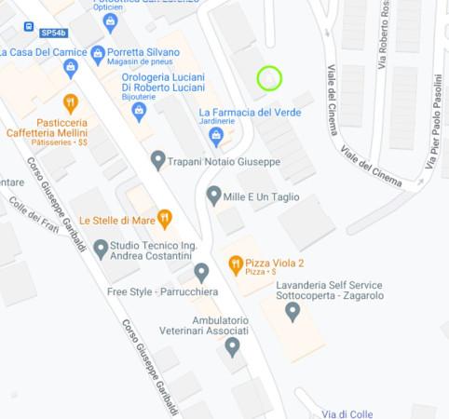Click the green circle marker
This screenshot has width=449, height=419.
pyautogui.click(x=269, y=78)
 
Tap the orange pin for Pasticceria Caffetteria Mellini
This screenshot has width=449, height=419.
pyautogui.click(x=70, y=102)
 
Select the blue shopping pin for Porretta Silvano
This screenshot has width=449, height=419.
pyautogui.click(x=98, y=51)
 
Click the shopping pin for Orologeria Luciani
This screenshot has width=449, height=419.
pyautogui.click(x=140, y=112)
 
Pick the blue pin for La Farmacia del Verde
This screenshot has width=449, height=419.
pyautogui.click(x=216, y=137)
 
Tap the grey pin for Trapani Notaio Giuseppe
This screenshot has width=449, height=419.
pyautogui.click(x=158, y=160)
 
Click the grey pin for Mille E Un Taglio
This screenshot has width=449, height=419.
pyautogui.click(x=213, y=196)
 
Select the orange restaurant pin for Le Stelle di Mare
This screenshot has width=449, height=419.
pyautogui.click(x=165, y=219)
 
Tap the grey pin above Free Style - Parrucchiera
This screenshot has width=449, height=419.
pyautogui.click(x=201, y=272)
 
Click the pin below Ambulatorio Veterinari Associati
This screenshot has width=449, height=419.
pyautogui.click(x=233, y=346)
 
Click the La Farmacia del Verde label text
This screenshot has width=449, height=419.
pyautogui.click(x=249, y=113)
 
